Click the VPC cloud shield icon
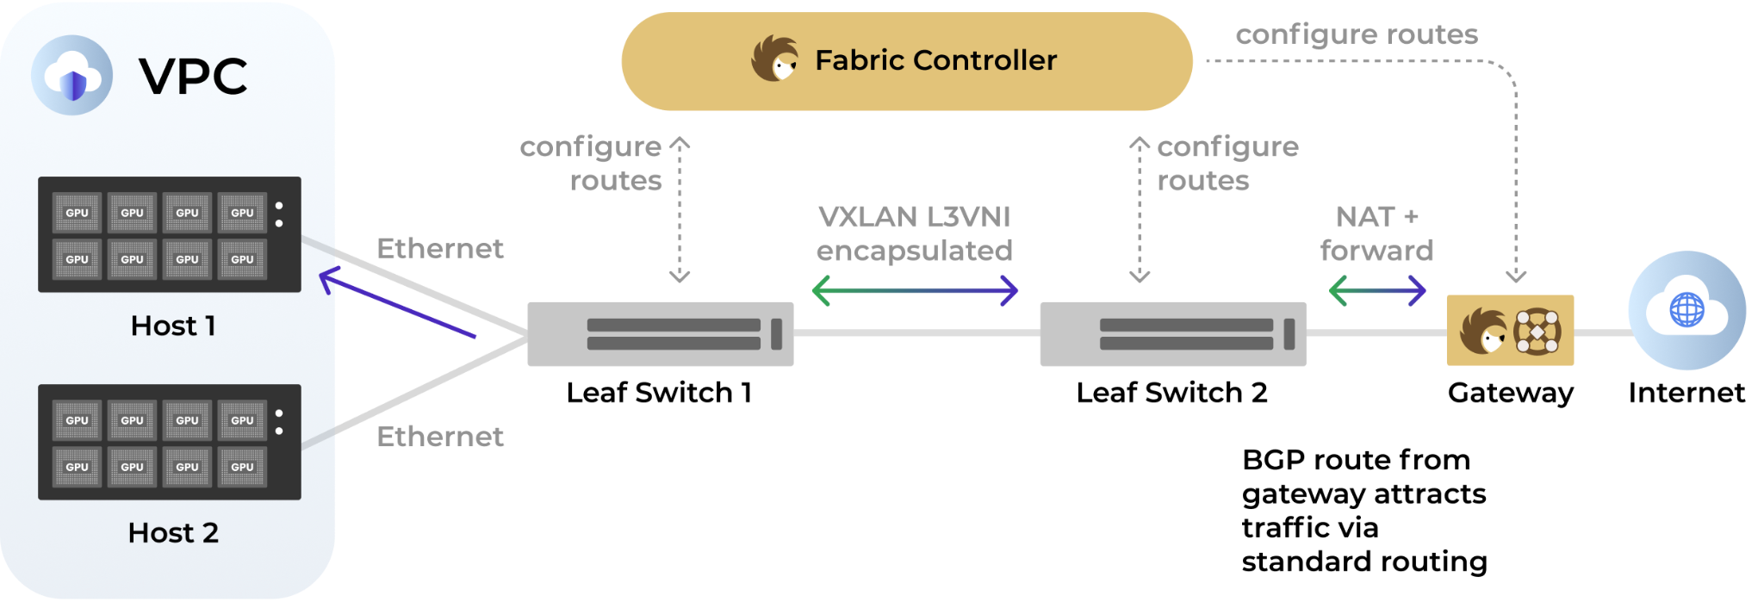[72, 75]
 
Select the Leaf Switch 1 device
[661, 334]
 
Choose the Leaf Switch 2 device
[1173, 334]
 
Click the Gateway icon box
[1510, 331]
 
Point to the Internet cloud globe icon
[1686, 310]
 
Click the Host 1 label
[173, 326]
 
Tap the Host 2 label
[173, 533]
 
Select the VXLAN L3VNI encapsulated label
[915, 233]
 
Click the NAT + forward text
[1376, 233]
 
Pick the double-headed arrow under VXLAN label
[915, 291]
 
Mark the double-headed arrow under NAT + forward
[1377, 291]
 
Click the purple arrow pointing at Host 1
[397, 303]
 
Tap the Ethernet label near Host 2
[440, 437]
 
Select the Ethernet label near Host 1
[440, 248]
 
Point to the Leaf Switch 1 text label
[659, 393]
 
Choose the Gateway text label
[1511, 394]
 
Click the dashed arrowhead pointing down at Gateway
[1516, 276]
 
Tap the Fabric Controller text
[935, 60]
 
